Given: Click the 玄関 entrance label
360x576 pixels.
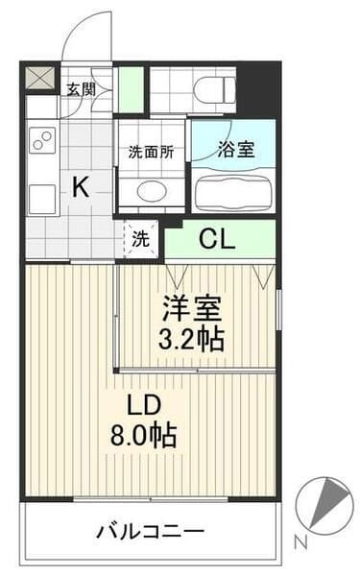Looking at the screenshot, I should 81,90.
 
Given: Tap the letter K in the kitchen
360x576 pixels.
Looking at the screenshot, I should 81,188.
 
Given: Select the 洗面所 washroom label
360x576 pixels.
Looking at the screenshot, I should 151,151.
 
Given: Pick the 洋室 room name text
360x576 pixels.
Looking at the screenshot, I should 192,310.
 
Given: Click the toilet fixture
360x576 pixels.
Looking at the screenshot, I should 213,90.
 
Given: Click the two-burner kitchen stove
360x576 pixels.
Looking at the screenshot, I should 41,141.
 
